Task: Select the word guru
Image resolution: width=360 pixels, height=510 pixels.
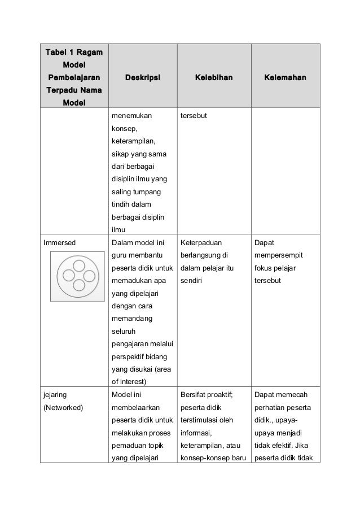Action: click(x=120, y=255)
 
